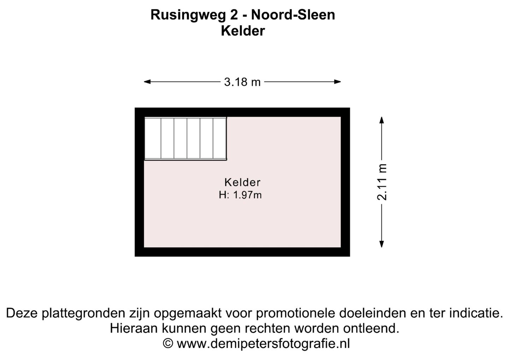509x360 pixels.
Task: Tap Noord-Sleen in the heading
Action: click(293, 15)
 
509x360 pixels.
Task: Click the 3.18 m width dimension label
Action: click(242, 82)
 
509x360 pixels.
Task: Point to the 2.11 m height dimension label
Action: click(382, 182)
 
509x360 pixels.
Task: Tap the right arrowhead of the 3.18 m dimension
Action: click(338, 82)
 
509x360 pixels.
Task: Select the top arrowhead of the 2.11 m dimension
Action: click(382, 120)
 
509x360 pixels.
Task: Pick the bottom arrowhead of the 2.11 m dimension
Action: click(382, 244)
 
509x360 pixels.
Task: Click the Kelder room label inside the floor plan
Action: click(242, 182)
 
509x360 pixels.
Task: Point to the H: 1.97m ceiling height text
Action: click(240, 195)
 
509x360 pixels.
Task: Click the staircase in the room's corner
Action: click(186, 139)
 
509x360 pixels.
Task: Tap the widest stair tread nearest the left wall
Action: click(153, 138)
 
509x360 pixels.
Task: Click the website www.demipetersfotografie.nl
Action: click(263, 343)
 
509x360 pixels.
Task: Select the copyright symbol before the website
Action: click(168, 343)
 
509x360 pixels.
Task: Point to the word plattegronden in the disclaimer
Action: click(84, 313)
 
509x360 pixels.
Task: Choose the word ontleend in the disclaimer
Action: click(371, 328)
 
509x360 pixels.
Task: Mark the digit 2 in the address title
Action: click(243, 15)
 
